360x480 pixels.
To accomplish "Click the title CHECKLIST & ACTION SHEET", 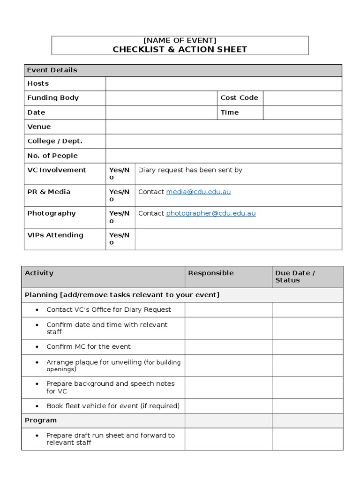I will click(x=180, y=49).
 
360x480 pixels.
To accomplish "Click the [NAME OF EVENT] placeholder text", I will click(x=180, y=40).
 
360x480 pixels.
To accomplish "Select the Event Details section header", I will click(x=52, y=70).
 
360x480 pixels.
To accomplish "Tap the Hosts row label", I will click(x=38, y=83).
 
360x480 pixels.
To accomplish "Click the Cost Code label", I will click(x=239, y=97).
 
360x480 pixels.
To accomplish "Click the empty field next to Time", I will click(x=302, y=112).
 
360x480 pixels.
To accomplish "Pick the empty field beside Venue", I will click(x=224, y=127).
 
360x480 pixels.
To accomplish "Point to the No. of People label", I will click(x=52, y=156).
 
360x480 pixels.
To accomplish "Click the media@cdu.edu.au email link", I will click(x=198, y=192).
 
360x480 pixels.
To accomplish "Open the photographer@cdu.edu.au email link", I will click(x=211, y=213).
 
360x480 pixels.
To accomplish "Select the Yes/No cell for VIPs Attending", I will click(x=120, y=239).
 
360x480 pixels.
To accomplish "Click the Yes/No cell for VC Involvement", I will click(x=120, y=173).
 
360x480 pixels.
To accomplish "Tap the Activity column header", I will click(x=39, y=273).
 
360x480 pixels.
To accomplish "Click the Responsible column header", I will click(x=210, y=273).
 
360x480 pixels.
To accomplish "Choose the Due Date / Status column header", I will click(x=295, y=277).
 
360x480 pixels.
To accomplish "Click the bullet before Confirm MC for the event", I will click(x=37, y=347).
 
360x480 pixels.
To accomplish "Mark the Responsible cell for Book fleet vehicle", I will click(x=228, y=406).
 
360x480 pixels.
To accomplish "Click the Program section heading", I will click(x=41, y=420).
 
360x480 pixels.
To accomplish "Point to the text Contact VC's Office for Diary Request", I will click(x=109, y=309).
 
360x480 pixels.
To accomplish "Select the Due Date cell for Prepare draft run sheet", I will click(x=307, y=439).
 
